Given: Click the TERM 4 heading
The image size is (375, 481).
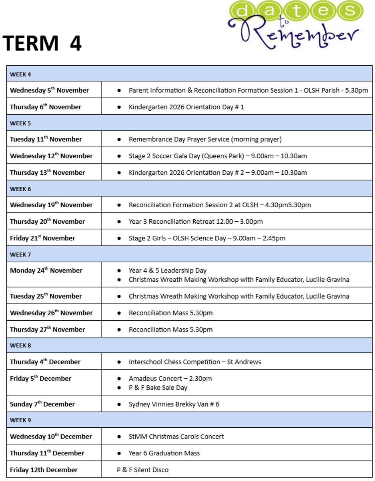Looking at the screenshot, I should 42,44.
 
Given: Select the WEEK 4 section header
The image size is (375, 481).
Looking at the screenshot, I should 20,74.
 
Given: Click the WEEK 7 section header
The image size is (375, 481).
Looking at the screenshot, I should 20,255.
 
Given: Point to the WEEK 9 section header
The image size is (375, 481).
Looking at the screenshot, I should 20,420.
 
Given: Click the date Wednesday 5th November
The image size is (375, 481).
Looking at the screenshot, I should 49,91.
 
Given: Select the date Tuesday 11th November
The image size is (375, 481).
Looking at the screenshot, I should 46,139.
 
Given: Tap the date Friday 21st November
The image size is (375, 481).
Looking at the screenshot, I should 42,238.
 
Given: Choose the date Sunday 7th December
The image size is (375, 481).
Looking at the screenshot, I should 42,404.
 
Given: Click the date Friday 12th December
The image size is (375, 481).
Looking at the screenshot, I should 44,470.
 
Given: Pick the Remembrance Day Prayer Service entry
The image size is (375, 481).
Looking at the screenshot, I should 205,139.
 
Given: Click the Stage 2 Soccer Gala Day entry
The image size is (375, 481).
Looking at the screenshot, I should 217,156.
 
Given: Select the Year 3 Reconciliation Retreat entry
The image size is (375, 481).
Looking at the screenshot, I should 195,222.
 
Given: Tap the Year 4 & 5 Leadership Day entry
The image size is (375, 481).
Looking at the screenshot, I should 167,271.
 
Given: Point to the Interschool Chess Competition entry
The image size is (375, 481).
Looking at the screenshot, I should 195,362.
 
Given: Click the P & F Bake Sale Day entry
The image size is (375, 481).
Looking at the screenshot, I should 158,388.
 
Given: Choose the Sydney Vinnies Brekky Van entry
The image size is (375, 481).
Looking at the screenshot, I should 174,404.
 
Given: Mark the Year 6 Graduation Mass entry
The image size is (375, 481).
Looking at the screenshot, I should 164,453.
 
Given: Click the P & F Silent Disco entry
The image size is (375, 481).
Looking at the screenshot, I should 142,470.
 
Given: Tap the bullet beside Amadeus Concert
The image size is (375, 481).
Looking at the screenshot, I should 119,378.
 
